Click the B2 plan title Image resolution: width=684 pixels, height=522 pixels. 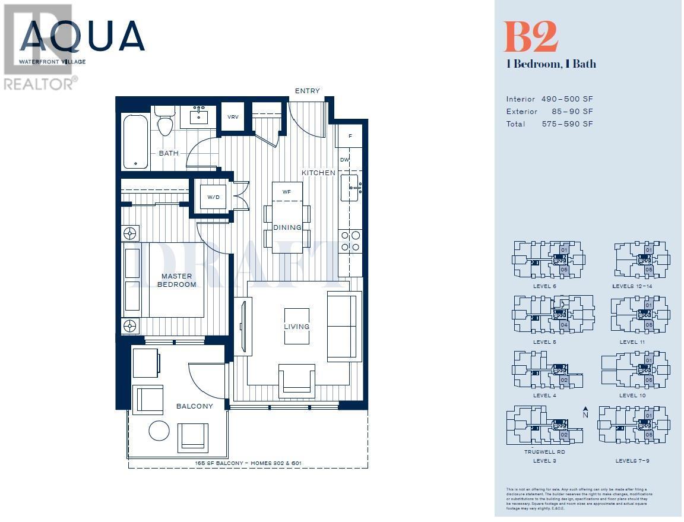pyautogui.click(x=531, y=37)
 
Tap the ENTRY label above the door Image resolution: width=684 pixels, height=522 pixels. pyautogui.click(x=307, y=91)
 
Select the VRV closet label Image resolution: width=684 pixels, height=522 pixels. pyautogui.click(x=233, y=117)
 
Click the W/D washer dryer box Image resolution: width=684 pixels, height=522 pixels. pyautogui.click(x=213, y=197)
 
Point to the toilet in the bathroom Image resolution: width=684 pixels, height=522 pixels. pyautogui.click(x=164, y=124)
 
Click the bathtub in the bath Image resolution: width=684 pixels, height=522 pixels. pyautogui.click(x=135, y=141)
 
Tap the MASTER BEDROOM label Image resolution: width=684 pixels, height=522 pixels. pyautogui.click(x=177, y=280)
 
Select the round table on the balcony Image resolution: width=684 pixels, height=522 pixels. pyautogui.click(x=159, y=431)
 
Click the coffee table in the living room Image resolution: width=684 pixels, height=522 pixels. pyautogui.click(x=296, y=326)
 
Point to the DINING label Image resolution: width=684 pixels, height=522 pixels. pyautogui.click(x=287, y=227)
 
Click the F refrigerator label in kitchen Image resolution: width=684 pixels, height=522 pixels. pyautogui.click(x=350, y=136)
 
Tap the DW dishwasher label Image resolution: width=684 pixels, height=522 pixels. pyautogui.click(x=345, y=160)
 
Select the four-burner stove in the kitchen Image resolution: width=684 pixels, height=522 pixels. pyautogui.click(x=350, y=241)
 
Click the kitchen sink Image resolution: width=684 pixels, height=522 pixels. pyautogui.click(x=350, y=188)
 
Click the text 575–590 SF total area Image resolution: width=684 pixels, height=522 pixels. pyautogui.click(x=567, y=124)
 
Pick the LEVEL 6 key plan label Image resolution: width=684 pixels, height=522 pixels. pyautogui.click(x=544, y=286)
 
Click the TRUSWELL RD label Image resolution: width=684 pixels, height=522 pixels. pyautogui.click(x=544, y=452)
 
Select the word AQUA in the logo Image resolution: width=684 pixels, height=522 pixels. pyautogui.click(x=83, y=37)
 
